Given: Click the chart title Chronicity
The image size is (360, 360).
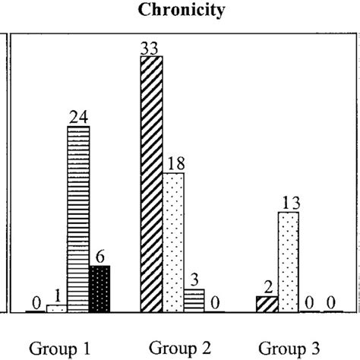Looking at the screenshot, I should (180, 11).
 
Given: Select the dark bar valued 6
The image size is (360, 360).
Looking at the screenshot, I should (99, 289).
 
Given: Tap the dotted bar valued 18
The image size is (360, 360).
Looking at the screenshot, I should (174, 242).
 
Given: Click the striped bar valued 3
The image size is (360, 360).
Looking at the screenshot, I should (194, 300).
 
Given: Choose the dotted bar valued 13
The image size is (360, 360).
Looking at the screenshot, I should (289, 262).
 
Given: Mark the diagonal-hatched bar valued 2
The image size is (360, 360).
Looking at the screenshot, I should (267, 304).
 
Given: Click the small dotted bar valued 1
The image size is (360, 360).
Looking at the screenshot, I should (57, 308).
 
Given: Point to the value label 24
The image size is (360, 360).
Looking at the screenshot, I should (78, 118).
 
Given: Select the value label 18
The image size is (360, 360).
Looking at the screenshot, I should (174, 165).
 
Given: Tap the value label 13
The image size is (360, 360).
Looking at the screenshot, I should (289, 204).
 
